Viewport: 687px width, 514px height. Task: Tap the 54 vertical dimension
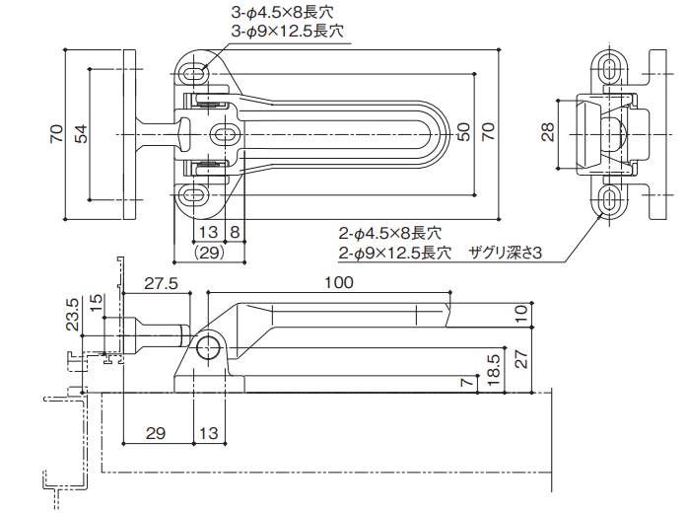[x=82, y=133]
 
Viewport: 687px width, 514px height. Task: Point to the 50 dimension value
[x=463, y=133]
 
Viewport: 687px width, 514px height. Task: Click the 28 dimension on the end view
[x=548, y=133]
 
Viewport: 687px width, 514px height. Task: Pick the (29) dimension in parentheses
[x=207, y=253]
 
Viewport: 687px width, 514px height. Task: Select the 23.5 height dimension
[x=72, y=316]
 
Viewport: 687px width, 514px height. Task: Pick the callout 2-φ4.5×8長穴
[x=389, y=234]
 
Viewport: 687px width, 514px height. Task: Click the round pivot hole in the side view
[x=208, y=348]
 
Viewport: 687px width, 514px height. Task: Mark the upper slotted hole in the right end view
[x=611, y=67]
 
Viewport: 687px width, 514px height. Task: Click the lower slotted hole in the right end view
[x=611, y=201]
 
